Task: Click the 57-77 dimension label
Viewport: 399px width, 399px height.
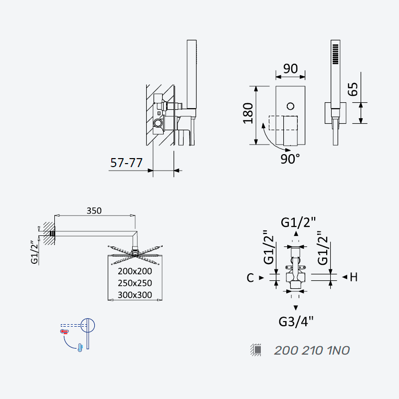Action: (x=126, y=163)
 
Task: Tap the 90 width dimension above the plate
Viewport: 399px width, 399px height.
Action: (x=290, y=69)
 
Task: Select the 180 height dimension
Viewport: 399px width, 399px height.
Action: (x=248, y=114)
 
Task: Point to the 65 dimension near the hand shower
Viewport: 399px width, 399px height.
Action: (x=353, y=89)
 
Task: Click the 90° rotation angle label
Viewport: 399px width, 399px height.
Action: (x=290, y=159)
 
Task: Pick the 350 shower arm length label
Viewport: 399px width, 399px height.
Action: (x=94, y=210)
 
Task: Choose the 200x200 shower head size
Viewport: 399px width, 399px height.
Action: (x=135, y=271)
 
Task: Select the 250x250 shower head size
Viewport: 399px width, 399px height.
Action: (x=135, y=283)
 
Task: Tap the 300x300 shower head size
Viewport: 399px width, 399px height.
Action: (x=135, y=295)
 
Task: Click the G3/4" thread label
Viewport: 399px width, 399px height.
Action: (x=296, y=322)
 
